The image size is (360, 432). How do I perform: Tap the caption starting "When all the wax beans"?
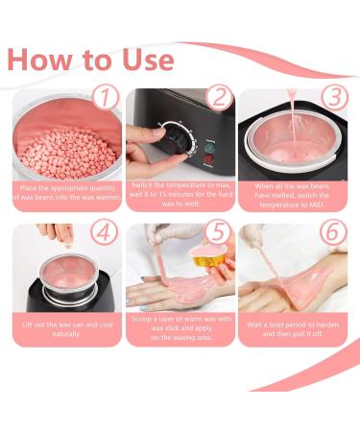292,195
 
